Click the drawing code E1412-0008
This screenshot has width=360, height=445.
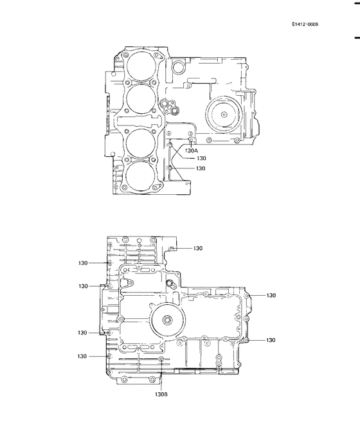305,24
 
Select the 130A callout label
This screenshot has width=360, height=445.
191,150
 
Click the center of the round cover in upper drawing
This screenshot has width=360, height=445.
223,114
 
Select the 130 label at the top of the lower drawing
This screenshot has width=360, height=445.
197,248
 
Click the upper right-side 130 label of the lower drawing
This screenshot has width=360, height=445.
271,296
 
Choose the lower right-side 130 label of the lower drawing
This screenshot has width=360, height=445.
271,340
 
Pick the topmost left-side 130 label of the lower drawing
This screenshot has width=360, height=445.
83,262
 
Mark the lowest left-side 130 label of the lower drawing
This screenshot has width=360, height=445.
83,356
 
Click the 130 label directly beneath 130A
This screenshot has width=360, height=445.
201,158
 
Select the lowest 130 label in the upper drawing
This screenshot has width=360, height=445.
201,168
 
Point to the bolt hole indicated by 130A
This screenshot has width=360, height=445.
190,139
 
